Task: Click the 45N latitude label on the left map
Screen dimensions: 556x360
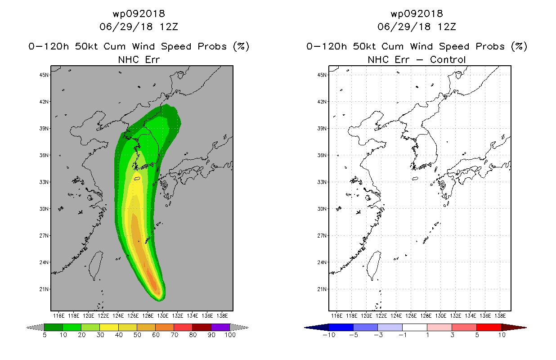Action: (x=44, y=75)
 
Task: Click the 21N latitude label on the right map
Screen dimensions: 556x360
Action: (x=322, y=289)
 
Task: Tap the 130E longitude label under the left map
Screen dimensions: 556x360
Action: (x=162, y=316)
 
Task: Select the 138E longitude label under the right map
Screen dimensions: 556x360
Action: (x=500, y=316)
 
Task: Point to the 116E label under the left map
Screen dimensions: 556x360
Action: (x=59, y=316)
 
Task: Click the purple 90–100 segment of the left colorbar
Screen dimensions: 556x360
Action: (x=220, y=327)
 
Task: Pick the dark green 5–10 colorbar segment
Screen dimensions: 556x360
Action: (x=54, y=327)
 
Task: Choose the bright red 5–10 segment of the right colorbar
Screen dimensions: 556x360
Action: (x=489, y=327)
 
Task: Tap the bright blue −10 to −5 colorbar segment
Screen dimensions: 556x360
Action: (x=341, y=327)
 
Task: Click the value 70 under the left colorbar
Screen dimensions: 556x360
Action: (x=174, y=335)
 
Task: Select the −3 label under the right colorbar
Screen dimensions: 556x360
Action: (x=378, y=335)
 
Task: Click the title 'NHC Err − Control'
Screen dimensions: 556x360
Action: (x=417, y=60)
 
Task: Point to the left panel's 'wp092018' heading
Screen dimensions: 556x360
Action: (x=139, y=13)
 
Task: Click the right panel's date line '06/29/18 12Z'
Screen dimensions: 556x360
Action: (x=417, y=27)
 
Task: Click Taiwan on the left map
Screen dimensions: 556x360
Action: (x=96, y=265)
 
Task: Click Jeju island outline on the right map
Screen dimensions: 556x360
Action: (x=415, y=179)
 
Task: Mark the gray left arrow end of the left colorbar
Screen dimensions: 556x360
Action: (x=35, y=328)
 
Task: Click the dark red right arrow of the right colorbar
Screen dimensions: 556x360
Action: (x=514, y=328)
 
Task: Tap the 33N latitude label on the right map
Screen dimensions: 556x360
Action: (x=322, y=182)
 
